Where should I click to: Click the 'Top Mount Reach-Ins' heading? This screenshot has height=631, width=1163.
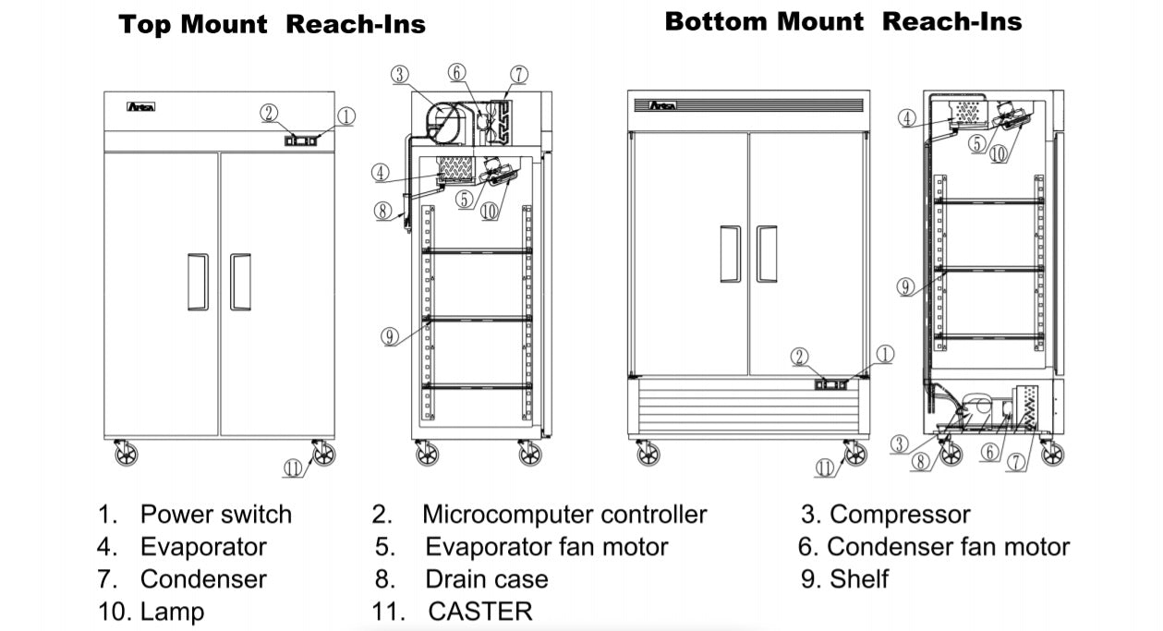pyautogui.click(x=273, y=25)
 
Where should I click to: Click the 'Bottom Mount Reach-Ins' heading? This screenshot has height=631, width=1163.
pyautogui.click(x=842, y=22)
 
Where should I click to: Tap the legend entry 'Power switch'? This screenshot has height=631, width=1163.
pyautogui.click(x=215, y=515)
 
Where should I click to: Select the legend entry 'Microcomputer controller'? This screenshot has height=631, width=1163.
pyautogui.click(x=563, y=515)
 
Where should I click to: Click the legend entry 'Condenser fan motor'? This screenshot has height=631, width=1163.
pyautogui.click(x=948, y=547)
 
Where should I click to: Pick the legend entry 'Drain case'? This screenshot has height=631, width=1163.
pyautogui.click(x=486, y=579)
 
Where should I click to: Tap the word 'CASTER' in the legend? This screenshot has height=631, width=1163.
pyautogui.click(x=480, y=611)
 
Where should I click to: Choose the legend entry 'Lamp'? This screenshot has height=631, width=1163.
pyautogui.click(x=172, y=611)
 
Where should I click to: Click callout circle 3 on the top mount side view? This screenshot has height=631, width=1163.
pyautogui.click(x=399, y=75)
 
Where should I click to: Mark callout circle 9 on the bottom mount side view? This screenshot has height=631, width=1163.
pyautogui.click(x=906, y=287)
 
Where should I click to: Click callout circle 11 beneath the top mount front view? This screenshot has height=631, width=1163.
pyautogui.click(x=293, y=468)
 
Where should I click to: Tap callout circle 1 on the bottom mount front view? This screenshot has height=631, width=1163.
pyautogui.click(x=884, y=354)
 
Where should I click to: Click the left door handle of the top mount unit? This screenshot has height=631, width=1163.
pyautogui.click(x=198, y=282)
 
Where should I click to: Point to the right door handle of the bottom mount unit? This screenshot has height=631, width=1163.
pyautogui.click(x=767, y=253)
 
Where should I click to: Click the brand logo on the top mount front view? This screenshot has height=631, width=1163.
pyautogui.click(x=141, y=107)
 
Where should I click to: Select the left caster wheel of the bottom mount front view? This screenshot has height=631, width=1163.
pyautogui.click(x=648, y=454)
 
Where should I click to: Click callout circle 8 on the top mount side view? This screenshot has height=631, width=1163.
pyautogui.click(x=383, y=210)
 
